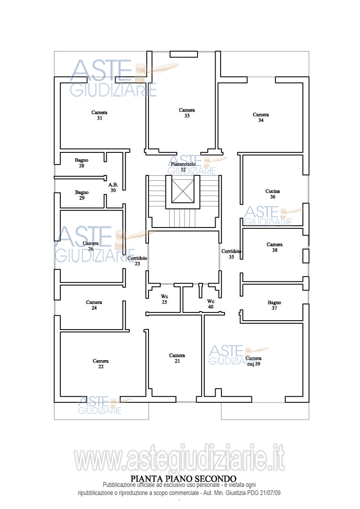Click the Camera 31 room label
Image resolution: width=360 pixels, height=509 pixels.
coord(99,115)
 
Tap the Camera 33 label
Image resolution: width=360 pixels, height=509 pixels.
coord(187,113)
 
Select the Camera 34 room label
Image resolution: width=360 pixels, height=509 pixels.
coord(261,117)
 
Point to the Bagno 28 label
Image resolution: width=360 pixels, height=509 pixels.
coord(81,163)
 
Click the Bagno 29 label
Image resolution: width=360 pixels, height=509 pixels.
coord(82,195)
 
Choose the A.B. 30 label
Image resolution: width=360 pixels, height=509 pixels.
coord(113,188)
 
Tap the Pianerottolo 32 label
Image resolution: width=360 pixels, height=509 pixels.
coord(183,167)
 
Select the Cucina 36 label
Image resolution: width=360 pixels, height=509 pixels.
coord(273,194)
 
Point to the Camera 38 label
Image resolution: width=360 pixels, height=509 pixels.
coord(274,247)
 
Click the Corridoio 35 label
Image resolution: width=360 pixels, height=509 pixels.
coord(231,254)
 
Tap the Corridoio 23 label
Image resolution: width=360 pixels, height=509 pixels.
coord(137,261)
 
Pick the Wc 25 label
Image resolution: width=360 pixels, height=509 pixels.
coord(164,299)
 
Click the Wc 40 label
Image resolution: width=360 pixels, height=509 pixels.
coord(211,304)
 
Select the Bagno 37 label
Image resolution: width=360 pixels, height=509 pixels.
coord(274,305)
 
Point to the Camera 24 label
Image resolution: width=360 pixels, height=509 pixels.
coord(94,305)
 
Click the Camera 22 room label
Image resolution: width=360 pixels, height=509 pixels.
coord(101,364)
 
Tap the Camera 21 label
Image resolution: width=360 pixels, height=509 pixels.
coord(177,358)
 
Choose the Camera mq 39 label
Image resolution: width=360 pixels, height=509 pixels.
coord(253,362)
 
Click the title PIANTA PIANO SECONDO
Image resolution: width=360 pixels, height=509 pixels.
coord(183,478)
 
